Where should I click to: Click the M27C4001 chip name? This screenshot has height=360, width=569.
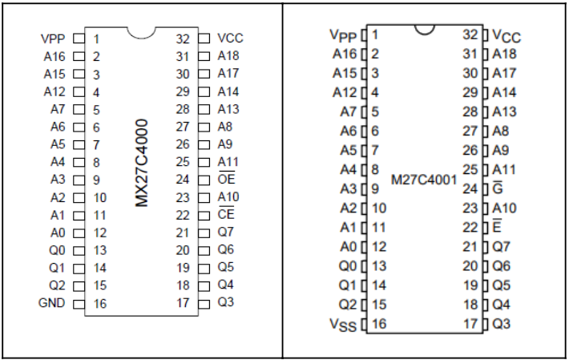pos(424,180)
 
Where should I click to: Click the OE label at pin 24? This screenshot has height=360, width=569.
pos(226,180)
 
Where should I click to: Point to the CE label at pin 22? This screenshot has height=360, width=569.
pos(226,215)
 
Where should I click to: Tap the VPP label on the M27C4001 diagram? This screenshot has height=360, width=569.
pos(345,35)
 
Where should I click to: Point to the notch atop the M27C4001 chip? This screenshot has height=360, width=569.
pos(424,29)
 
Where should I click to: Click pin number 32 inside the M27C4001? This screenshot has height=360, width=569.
pos(470,34)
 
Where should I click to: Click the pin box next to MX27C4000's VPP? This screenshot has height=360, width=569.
pos(79,38)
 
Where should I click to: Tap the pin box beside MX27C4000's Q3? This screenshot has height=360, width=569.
pos(204,303)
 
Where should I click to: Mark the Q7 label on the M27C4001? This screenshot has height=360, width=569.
pos(500,246)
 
